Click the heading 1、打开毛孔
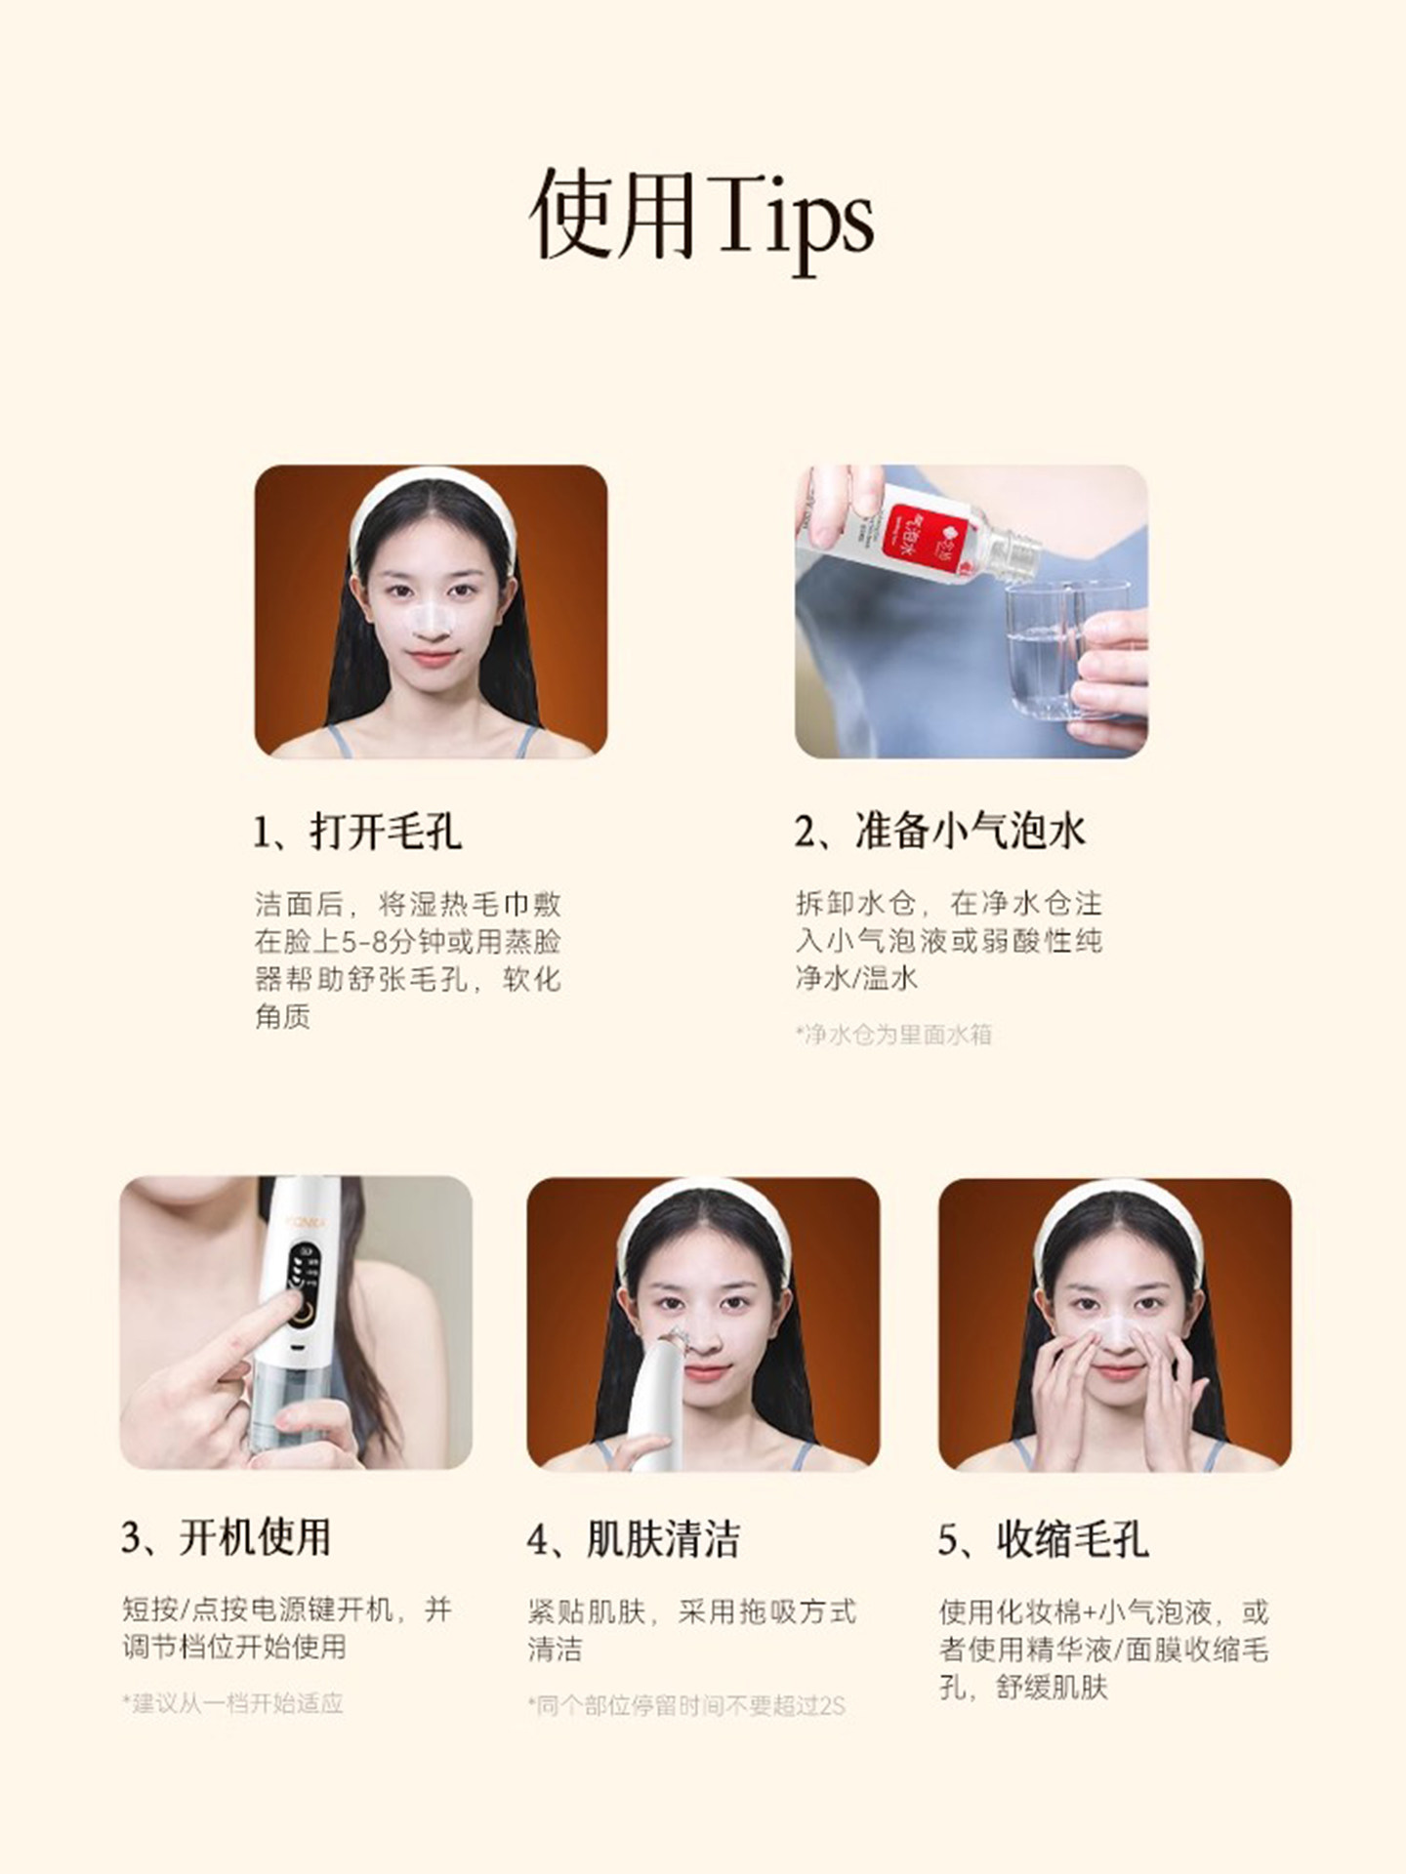[x=356, y=832]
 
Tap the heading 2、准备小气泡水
[x=939, y=832]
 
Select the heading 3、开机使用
[x=227, y=1537]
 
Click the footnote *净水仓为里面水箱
[x=893, y=1035]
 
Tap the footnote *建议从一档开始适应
[x=232, y=1703]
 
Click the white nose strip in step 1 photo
[x=431, y=617]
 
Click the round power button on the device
[x=304, y=1315]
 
